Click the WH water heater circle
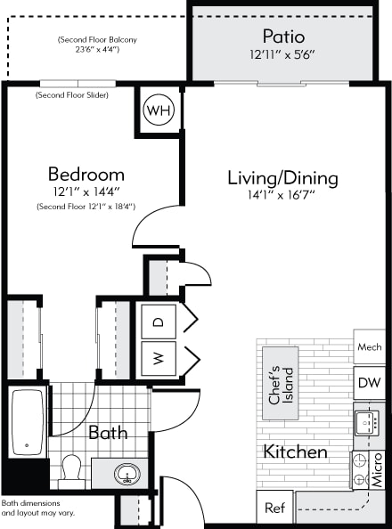[x=159, y=110]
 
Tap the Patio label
[x=283, y=37]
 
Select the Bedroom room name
[x=86, y=175]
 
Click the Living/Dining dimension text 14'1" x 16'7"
[x=282, y=195]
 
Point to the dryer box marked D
[x=159, y=321]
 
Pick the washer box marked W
[x=159, y=358]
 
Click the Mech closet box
[x=370, y=346]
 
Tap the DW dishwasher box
[x=370, y=383]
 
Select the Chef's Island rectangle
[x=281, y=383]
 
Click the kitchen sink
[x=366, y=423]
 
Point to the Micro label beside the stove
[x=378, y=469]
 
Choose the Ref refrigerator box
[x=274, y=508]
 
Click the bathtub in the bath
[x=28, y=422]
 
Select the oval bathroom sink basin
[x=127, y=474]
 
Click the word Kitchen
[x=295, y=452]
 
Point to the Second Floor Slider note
[x=72, y=95]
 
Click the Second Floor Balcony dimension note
[x=97, y=45]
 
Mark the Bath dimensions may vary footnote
[x=37, y=509]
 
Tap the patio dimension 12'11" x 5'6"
[x=282, y=54]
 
